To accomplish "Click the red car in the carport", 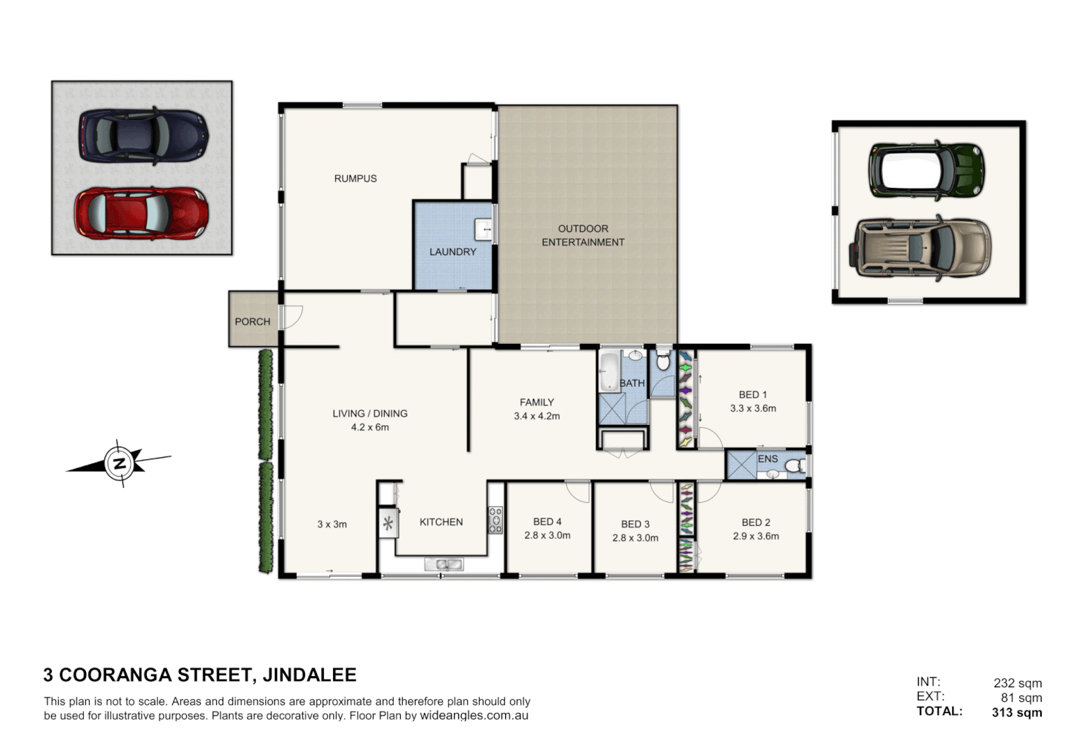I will [141, 213].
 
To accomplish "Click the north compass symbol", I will [120, 463].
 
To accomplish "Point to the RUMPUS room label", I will [355, 178].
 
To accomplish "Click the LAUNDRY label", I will [453, 252].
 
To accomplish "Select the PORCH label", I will [252, 322].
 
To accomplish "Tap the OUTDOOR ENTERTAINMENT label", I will [583, 236].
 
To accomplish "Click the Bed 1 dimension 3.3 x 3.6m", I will [753, 408].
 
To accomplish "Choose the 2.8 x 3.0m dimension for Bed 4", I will [547, 535].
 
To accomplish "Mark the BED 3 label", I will [635, 524].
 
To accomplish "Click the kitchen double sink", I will [444, 564].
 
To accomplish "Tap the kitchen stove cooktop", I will [495, 520].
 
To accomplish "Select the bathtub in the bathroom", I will [609, 371].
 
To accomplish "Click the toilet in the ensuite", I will [794, 466].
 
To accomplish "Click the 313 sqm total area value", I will [1017, 712].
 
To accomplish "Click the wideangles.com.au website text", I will [474, 716].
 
